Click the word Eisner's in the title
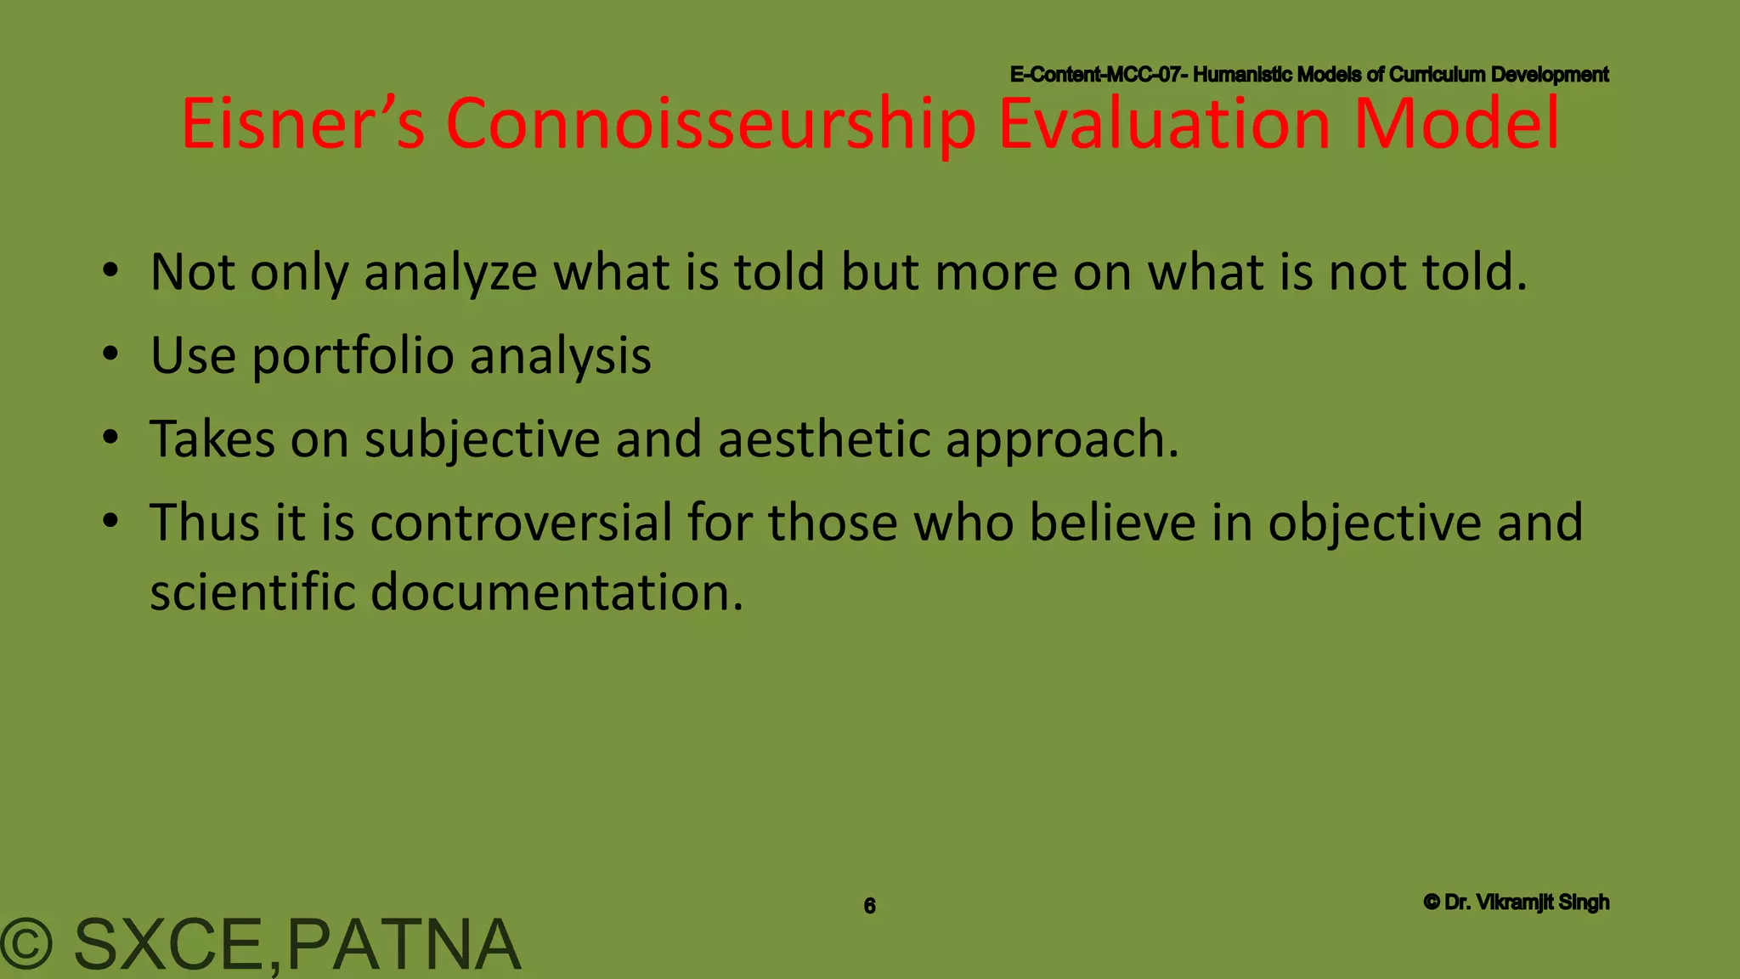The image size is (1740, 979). [302, 124]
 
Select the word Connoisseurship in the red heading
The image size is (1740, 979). [710, 124]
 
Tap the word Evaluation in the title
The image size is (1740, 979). [1164, 124]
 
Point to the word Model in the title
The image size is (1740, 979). [1456, 124]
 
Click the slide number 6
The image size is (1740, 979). [869, 906]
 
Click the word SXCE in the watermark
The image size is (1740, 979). [169, 944]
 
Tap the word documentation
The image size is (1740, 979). [556, 591]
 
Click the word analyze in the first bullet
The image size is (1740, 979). [450, 273]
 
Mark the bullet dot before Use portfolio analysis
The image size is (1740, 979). [110, 355]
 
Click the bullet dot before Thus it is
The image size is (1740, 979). [110, 521]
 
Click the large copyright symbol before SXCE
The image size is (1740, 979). [27, 944]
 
